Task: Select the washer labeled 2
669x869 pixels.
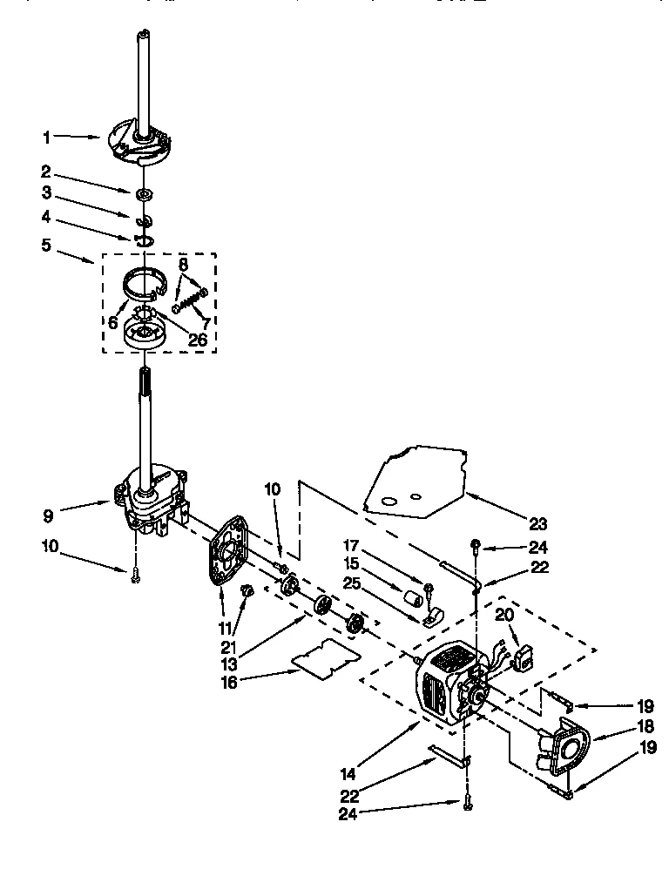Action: tap(144, 192)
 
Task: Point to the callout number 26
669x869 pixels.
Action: tap(198, 339)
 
